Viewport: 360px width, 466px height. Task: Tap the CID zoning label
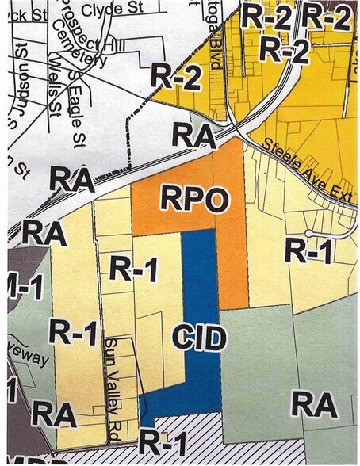(x=199, y=338)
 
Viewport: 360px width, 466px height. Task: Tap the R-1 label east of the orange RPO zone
(x=306, y=251)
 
